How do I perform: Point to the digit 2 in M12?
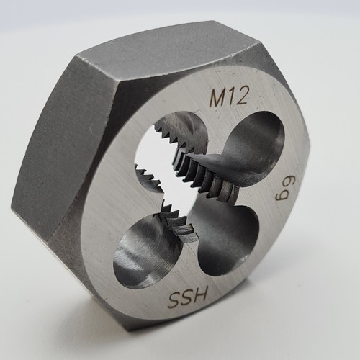click(x=241, y=95)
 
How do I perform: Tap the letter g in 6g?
click(x=282, y=196)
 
